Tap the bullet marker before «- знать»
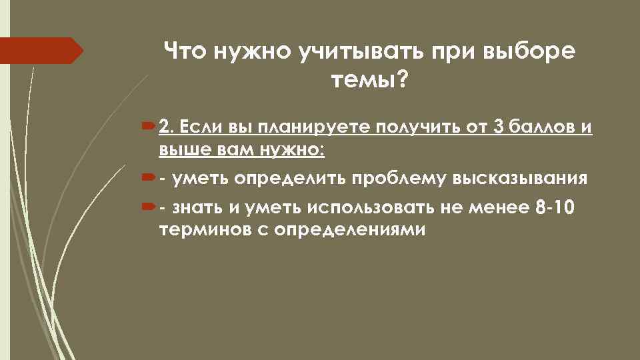(x=147, y=207)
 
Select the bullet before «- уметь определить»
(x=147, y=178)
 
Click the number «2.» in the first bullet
(x=167, y=127)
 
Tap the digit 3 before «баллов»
(x=495, y=127)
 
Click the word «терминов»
(x=198, y=229)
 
